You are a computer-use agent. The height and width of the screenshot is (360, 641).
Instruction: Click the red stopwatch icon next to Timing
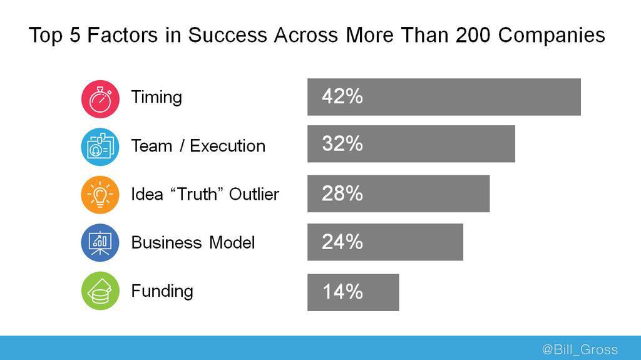[x=100, y=98]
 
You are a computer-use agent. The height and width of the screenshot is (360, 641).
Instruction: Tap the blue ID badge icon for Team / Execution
[x=100, y=147]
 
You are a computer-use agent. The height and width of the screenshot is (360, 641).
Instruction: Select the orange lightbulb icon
[x=100, y=194]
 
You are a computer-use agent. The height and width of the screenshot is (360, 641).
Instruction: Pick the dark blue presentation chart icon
[x=100, y=242]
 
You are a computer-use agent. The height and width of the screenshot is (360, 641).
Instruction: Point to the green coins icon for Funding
[x=100, y=291]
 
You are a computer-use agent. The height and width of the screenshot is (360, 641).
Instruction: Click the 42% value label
[x=342, y=96]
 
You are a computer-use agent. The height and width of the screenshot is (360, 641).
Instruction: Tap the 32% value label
[x=342, y=144]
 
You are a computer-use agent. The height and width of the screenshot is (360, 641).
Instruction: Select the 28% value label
[x=342, y=193]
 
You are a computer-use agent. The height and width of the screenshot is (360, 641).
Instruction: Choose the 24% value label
[x=342, y=242]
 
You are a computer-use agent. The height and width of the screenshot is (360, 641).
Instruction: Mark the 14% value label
[x=342, y=292]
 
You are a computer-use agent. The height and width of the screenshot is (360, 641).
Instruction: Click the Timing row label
[x=156, y=98]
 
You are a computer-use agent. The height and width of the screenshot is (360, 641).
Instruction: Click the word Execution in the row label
[x=228, y=146]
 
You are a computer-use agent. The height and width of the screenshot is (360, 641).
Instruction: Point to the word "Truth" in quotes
[x=193, y=194]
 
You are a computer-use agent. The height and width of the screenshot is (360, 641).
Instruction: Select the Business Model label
[x=193, y=242]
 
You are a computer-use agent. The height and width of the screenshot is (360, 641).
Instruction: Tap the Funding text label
[x=162, y=291]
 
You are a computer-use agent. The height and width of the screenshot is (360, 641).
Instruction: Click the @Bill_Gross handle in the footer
[x=579, y=349]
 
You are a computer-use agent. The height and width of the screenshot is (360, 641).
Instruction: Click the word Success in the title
[x=228, y=35]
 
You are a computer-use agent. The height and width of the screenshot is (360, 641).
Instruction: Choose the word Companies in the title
[x=551, y=35]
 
